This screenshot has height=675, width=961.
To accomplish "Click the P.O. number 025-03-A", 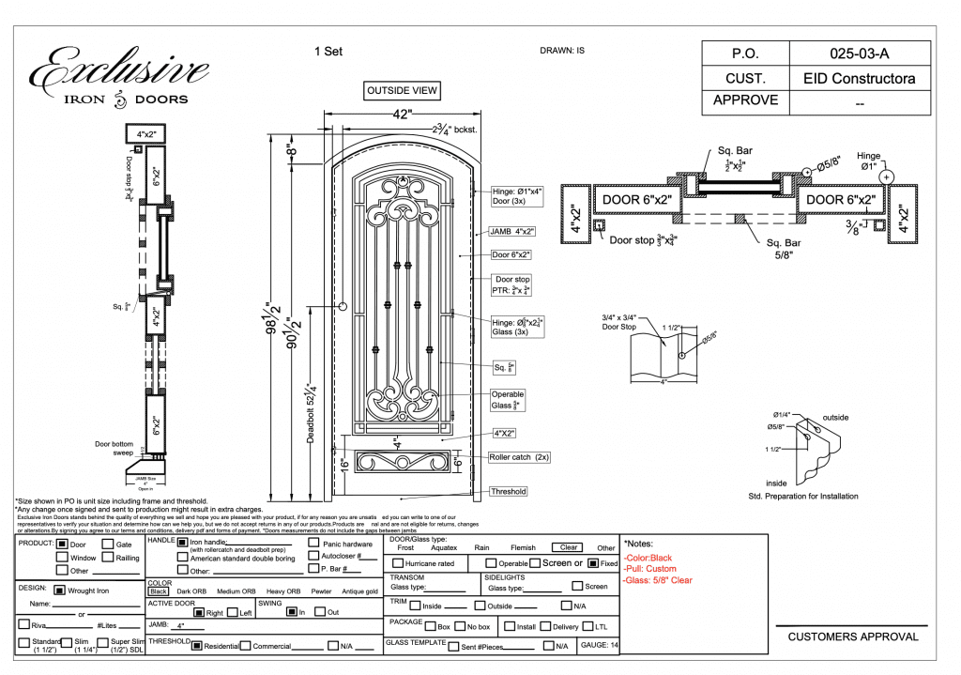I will [860, 54].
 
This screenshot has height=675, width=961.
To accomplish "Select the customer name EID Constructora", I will [860, 78].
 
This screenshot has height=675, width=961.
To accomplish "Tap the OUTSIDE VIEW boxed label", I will [403, 91].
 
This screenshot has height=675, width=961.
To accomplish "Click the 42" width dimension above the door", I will [402, 115].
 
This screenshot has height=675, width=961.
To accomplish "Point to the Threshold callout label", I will [508, 491].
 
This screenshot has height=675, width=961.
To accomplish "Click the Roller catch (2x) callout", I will [519, 457].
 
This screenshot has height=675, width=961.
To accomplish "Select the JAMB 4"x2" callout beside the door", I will [512, 230].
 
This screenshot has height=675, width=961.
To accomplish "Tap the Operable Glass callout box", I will [508, 400].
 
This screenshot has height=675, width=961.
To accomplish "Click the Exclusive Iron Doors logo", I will [120, 75].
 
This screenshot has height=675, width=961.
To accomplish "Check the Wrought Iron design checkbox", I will [59, 591].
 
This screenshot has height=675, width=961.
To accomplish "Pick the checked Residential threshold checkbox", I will [198, 646].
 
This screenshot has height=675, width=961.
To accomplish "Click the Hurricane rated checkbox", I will [398, 563].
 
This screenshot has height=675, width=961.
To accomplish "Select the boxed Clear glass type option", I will [569, 547].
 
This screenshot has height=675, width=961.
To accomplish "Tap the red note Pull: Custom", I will [649, 569].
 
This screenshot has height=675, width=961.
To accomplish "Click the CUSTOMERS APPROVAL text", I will [853, 637].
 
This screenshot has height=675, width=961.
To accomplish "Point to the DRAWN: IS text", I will [562, 51].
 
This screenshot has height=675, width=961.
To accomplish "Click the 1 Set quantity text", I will [328, 52].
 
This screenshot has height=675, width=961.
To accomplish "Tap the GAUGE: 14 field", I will [600, 646].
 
